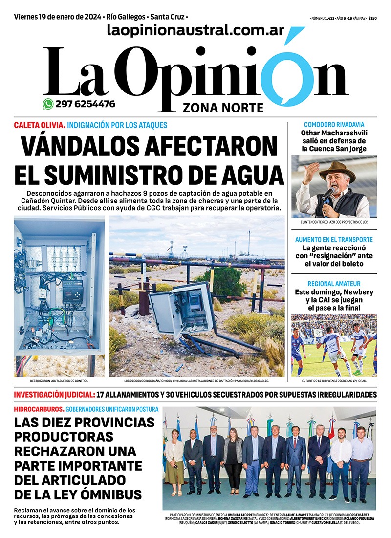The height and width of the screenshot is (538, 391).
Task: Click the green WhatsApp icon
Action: point(48,104)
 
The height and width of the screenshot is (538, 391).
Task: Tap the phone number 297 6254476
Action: point(86,104)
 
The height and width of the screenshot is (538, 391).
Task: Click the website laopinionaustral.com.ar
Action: point(195,30)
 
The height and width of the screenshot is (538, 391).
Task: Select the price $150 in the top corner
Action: point(372,18)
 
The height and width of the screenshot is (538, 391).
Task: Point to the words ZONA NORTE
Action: point(223,108)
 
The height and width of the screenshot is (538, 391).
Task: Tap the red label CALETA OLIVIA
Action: point(39,125)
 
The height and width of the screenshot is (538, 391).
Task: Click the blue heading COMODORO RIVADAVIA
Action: point(334,125)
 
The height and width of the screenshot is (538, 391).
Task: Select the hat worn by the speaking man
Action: point(337,172)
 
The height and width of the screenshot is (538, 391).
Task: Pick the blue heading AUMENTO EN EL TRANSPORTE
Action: point(334,240)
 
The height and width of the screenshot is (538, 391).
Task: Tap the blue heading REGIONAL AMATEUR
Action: point(334,284)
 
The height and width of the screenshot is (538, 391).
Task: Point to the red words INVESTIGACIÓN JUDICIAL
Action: point(54,395)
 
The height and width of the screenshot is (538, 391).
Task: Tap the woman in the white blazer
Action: point(174,457)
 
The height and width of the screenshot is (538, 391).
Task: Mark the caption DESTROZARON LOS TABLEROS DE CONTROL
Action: point(59,380)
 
